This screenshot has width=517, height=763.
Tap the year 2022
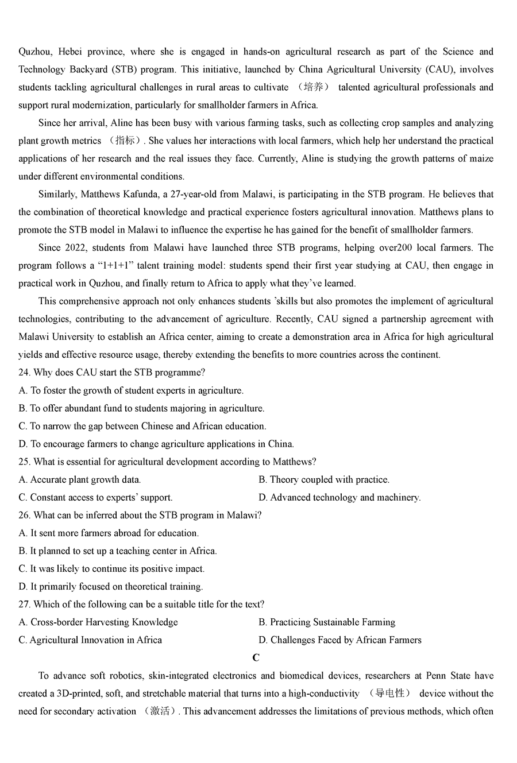tap(72, 247)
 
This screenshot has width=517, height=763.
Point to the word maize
tap(481, 158)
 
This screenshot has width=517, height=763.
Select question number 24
tap(24, 372)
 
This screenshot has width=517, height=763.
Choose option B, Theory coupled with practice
tap(324, 479)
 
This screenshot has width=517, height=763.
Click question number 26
tap(24, 515)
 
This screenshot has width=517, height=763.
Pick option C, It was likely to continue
tap(111, 568)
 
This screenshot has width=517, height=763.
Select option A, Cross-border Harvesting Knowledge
tap(98, 622)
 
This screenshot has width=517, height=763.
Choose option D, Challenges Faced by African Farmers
tap(340, 640)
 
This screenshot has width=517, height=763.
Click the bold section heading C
tap(256, 658)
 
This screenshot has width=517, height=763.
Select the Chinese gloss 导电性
tap(390, 694)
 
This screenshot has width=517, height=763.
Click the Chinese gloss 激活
tap(159, 711)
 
